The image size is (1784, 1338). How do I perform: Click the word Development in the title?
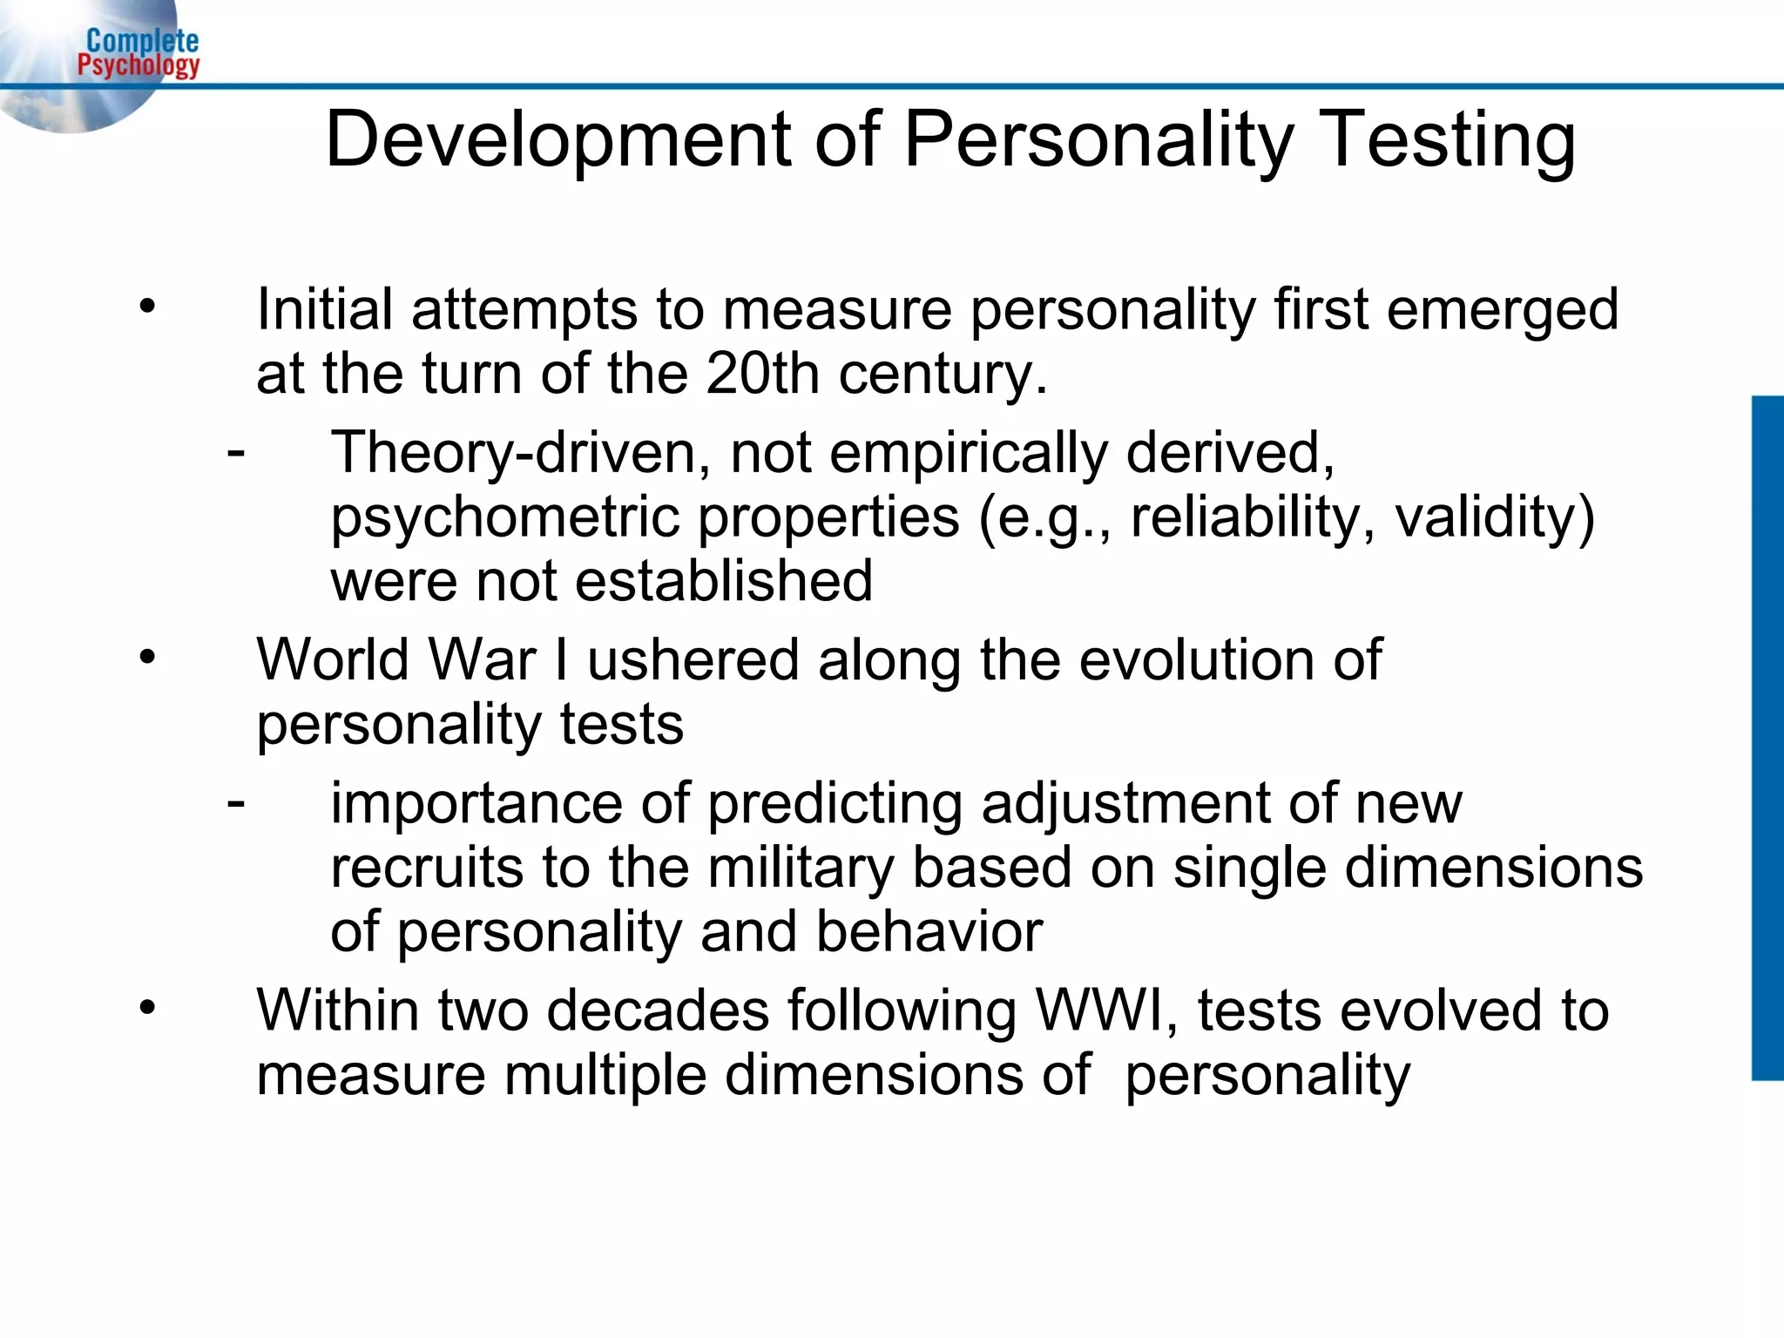[x=557, y=140]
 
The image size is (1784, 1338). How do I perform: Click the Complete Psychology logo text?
[x=139, y=53]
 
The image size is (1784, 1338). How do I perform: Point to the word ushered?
[x=693, y=659]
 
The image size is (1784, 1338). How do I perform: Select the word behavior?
[x=929, y=932]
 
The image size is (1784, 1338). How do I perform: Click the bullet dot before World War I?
[x=147, y=657]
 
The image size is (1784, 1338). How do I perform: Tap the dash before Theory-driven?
[x=235, y=452]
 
